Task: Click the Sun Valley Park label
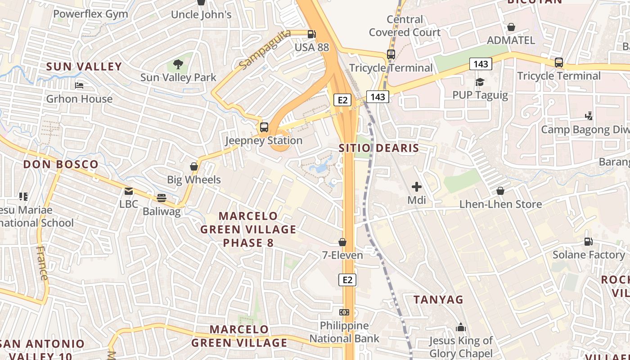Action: (x=178, y=77)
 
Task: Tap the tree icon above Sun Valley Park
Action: (x=178, y=64)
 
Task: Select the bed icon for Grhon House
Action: (x=79, y=85)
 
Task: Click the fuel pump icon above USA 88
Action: (x=311, y=34)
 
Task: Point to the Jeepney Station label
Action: (x=264, y=140)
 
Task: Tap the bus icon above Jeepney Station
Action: (x=264, y=127)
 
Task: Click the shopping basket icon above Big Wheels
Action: (x=194, y=166)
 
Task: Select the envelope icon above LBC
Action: (x=129, y=191)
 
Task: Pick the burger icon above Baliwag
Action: (x=162, y=198)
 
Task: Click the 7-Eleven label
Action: (x=342, y=255)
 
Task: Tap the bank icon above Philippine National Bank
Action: (x=344, y=312)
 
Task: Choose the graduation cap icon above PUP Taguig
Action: (x=480, y=82)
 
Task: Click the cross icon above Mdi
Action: (x=417, y=186)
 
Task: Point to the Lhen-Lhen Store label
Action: (x=500, y=204)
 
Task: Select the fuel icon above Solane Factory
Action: (x=588, y=242)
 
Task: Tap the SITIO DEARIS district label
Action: (x=379, y=148)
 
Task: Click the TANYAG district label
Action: (x=438, y=299)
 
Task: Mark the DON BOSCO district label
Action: (x=61, y=164)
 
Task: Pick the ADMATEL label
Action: (x=511, y=40)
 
